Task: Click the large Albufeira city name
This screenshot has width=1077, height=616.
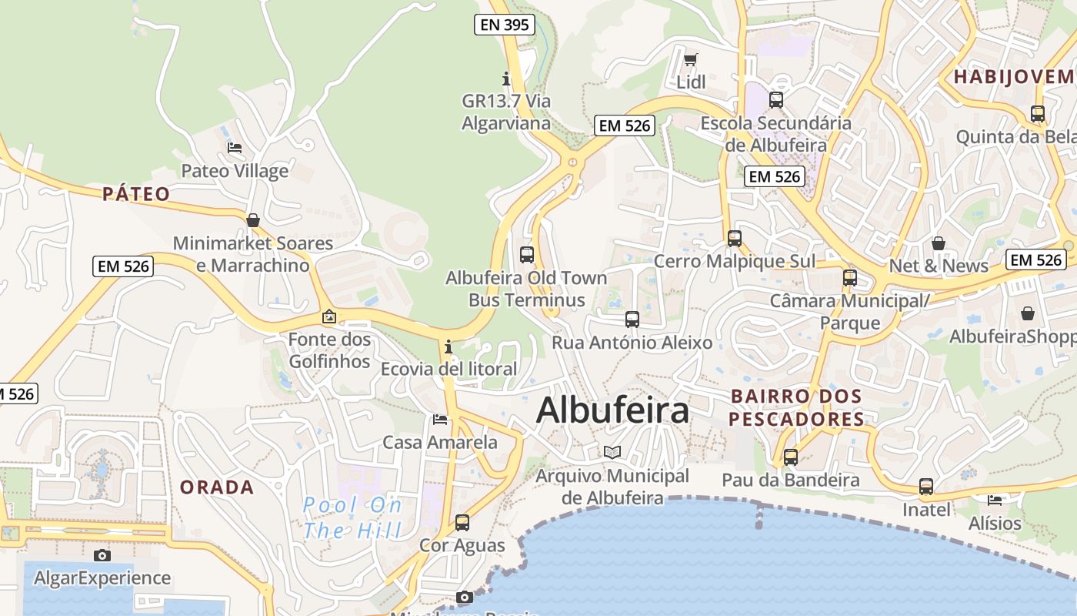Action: pos(612,410)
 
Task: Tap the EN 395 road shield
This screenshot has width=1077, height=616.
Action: pos(504,25)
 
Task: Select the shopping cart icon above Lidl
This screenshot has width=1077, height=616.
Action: pos(691,59)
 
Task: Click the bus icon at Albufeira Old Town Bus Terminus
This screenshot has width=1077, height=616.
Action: pos(527,254)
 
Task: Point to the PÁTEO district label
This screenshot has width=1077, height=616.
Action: pos(136,194)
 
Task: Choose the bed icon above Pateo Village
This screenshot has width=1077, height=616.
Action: pos(235,147)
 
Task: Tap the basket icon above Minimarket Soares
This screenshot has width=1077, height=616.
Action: pos(252,220)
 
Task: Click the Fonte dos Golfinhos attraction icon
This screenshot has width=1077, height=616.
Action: pos(329,316)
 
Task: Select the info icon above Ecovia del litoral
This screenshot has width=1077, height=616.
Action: pos(448,346)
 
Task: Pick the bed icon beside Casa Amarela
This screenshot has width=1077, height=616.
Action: pos(440,419)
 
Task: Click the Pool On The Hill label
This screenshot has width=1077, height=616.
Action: pos(352,517)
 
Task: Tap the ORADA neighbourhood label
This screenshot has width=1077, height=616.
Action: pos(216,487)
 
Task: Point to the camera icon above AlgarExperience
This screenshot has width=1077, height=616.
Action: pos(102,555)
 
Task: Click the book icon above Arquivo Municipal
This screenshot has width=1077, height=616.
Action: pos(612,452)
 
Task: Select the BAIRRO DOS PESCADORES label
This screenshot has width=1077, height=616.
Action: pos(796,407)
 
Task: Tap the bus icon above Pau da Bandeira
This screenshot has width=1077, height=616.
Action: pos(791,457)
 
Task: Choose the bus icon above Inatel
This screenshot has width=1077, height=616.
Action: pos(926,487)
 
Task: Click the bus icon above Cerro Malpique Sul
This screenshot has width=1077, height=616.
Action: pos(735,239)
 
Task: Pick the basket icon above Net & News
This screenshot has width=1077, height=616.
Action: pos(939,243)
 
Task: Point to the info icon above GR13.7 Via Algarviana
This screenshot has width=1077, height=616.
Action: pos(506,79)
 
